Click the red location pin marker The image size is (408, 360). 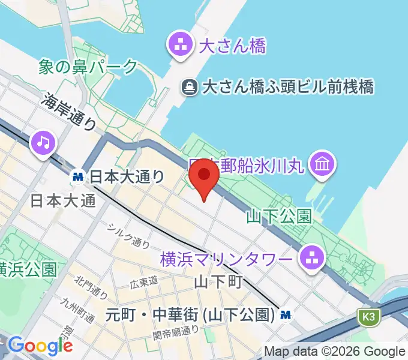tap(204, 176)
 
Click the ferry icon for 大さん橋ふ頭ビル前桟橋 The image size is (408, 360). tap(190, 87)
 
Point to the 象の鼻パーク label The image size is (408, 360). tap(88, 67)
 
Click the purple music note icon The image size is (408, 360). tap(44, 142)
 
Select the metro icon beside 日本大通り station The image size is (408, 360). tap(77, 176)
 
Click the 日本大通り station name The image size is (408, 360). tap(127, 176)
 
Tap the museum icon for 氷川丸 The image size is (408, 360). tap(322, 163)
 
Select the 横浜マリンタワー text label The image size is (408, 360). tap(227, 260)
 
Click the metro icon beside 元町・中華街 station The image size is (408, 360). tap(287, 314)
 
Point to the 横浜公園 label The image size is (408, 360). tap(28, 268)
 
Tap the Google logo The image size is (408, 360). tap(40, 346)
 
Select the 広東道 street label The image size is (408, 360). tap(145, 280)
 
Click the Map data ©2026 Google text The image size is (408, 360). tap(335, 351)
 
